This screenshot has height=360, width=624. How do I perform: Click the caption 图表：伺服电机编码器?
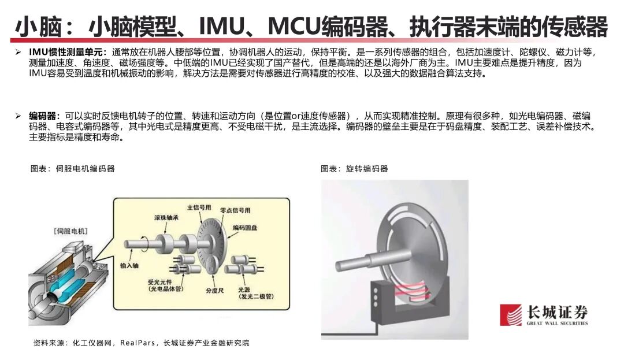[72, 169]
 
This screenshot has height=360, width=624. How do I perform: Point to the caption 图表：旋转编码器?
[354, 169]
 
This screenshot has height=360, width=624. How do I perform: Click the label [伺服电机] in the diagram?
[70, 231]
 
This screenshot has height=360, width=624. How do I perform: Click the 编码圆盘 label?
[247, 228]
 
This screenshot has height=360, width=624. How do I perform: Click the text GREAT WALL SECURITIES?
[556, 324]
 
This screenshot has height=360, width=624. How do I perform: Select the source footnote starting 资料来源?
[142, 343]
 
